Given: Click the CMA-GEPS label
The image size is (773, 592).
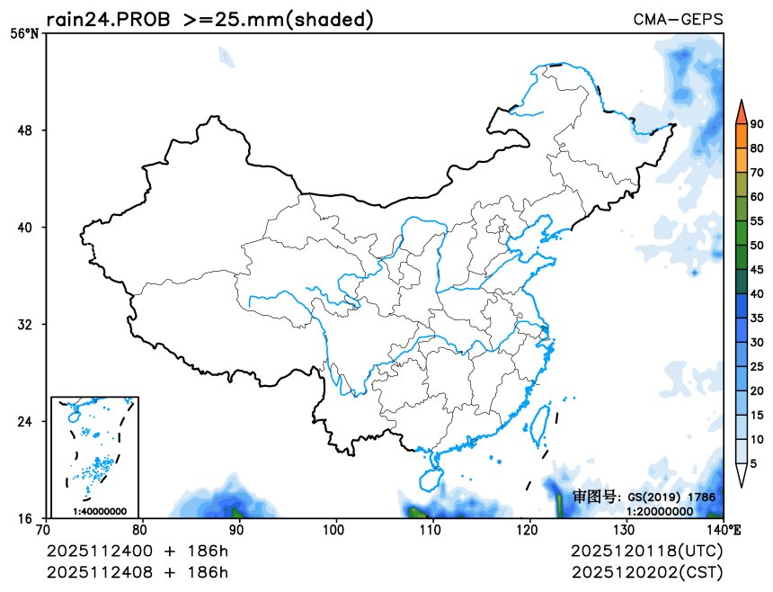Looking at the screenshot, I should [x=678, y=20].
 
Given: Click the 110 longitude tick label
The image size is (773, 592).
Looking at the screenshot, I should [x=432, y=531].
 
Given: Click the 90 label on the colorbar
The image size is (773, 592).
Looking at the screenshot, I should [x=757, y=124].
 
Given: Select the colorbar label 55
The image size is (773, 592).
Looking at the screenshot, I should [x=757, y=221].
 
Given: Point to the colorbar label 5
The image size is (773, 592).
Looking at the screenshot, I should [x=753, y=464].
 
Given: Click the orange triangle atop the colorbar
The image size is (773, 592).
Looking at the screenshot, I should [x=741, y=112].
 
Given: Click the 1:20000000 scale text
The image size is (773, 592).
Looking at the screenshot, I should [x=660, y=511].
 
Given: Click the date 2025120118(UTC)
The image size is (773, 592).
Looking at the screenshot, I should [x=646, y=551].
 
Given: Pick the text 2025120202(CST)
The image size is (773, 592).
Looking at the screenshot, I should [x=646, y=572].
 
